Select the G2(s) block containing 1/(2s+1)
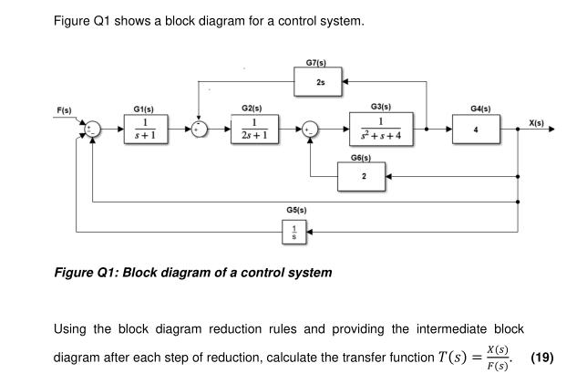(259, 130)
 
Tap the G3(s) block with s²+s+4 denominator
(381, 130)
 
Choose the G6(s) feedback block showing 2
(365, 176)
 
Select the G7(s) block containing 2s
(320, 84)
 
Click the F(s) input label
(65, 110)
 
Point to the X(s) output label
(536, 121)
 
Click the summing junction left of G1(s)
(93, 130)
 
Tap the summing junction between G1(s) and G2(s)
(199, 130)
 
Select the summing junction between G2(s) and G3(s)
(312, 130)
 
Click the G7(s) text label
(316, 63)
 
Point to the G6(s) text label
(360, 157)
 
